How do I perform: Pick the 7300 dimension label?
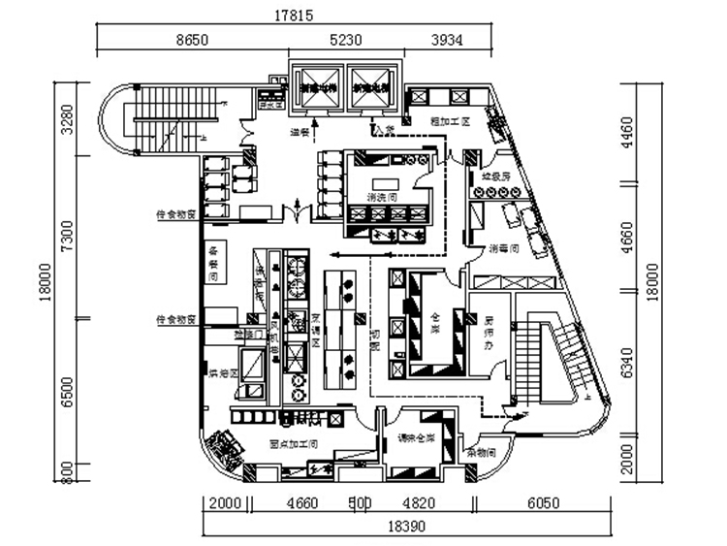[67, 237]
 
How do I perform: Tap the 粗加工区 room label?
[449, 122]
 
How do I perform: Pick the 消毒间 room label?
[506, 247]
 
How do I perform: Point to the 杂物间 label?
[480, 452]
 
